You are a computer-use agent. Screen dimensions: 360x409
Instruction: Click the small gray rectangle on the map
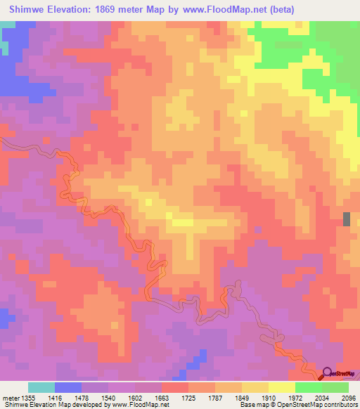click(346, 219)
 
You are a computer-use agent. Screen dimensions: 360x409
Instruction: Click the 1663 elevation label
click(162, 398)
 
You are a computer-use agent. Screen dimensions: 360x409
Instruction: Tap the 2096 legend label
click(349, 398)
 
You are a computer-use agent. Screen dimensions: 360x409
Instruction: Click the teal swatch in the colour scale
click(41, 387)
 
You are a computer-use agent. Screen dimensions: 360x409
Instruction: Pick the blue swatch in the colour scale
click(68, 387)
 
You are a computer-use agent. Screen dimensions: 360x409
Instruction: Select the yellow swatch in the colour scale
click(281, 387)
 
